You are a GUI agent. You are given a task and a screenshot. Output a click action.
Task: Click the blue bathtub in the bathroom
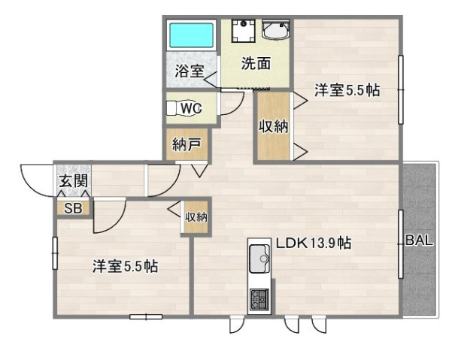coord(192,35)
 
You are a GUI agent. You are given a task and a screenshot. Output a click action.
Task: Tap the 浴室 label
coord(189,71)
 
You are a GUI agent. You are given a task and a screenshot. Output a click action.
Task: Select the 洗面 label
coord(256,64)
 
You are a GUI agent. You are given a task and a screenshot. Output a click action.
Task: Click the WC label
coord(191,108)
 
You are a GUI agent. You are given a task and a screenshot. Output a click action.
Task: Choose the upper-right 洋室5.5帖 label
coord(347,90)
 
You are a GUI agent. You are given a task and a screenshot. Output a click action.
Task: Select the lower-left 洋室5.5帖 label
coord(125,265)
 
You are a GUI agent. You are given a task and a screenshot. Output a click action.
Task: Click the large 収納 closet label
coord(273,126)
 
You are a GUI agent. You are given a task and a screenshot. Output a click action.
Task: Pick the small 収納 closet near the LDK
coord(196,217)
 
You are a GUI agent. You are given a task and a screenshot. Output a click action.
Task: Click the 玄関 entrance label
coord(73,181)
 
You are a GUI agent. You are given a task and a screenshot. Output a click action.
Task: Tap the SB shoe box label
coord(73,208)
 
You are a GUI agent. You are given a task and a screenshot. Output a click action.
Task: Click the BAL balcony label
coord(419,241)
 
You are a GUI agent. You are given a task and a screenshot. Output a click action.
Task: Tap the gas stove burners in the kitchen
coord(259,298)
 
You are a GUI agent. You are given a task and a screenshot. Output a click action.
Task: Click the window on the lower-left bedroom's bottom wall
coord(146,316)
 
